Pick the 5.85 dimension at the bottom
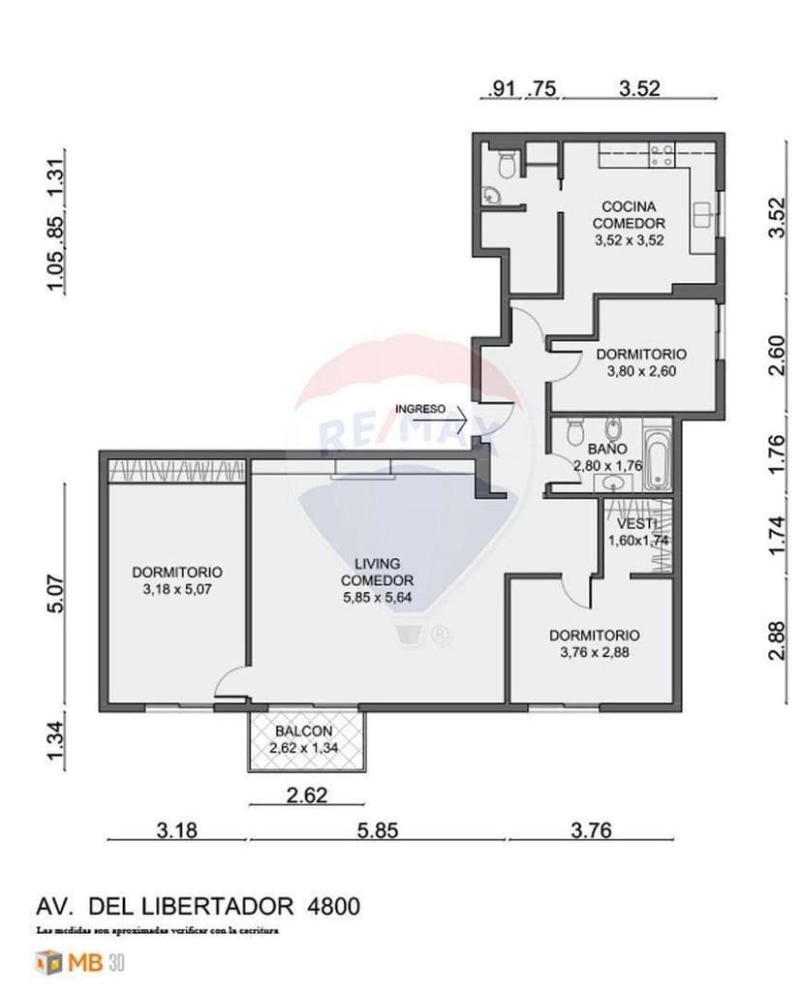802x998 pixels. [x=377, y=830]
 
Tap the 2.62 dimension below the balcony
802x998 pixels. [x=307, y=796]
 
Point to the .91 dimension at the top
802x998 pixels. [x=502, y=88]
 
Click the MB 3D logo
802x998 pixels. [x=80, y=963]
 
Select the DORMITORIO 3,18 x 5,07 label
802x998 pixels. [x=177, y=580]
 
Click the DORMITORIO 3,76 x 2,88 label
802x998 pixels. [x=594, y=643]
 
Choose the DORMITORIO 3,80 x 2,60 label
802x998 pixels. [x=640, y=362]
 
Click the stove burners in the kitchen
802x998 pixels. [x=662, y=155]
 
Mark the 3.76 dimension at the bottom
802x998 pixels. [x=592, y=830]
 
